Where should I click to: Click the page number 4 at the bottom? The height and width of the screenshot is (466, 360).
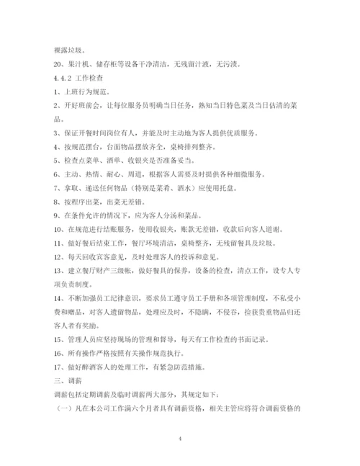coord(179,437)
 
